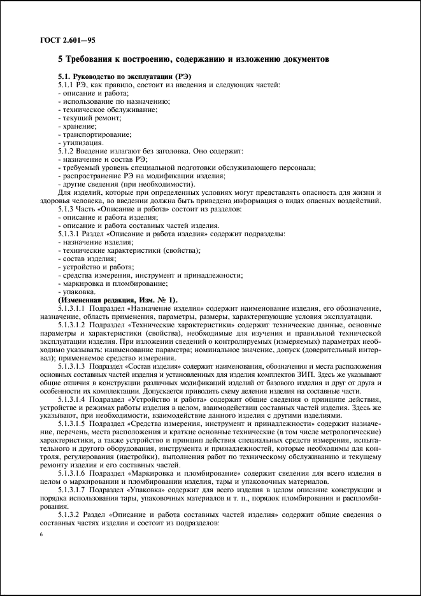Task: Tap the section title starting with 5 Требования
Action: [194, 60]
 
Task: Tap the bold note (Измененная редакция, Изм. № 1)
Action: [118, 299]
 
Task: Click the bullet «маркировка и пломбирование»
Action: [111, 283]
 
